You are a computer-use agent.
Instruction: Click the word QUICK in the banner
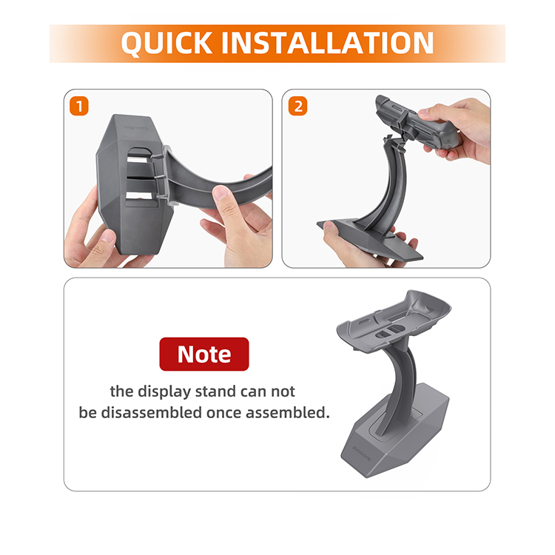click(x=166, y=44)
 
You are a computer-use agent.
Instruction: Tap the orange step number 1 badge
click(x=79, y=106)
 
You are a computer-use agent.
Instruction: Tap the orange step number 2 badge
click(x=298, y=106)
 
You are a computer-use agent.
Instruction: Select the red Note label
click(x=204, y=354)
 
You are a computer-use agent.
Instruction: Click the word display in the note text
click(x=164, y=391)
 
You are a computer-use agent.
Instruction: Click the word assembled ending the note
click(x=287, y=413)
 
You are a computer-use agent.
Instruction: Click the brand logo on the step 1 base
click(x=136, y=128)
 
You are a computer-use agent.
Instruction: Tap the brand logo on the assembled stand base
click(x=361, y=454)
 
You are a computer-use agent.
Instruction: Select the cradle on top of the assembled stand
click(x=394, y=321)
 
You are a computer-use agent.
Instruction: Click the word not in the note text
click(x=283, y=391)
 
